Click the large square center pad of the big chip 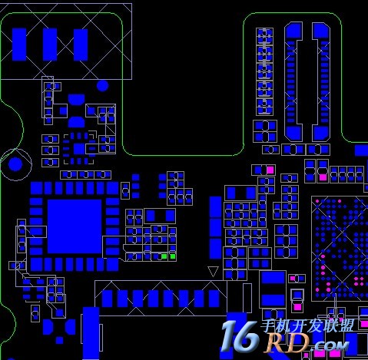click(75, 226)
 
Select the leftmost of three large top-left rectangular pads click(19, 45)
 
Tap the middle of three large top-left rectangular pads click(50, 45)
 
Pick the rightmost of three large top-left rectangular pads click(81, 45)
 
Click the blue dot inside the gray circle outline click(15, 164)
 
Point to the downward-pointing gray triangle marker click(213, 272)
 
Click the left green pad click(164, 256)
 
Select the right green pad click(173, 256)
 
